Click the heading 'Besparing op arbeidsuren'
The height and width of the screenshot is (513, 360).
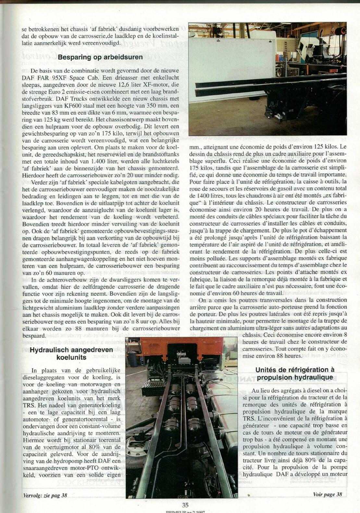100,57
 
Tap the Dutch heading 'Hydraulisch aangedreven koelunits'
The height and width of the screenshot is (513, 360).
71,353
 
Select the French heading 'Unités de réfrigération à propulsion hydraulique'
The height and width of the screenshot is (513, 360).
295,373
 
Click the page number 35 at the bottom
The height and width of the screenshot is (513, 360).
185,505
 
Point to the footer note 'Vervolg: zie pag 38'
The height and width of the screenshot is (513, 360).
45,495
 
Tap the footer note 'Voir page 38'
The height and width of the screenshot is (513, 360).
327,494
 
